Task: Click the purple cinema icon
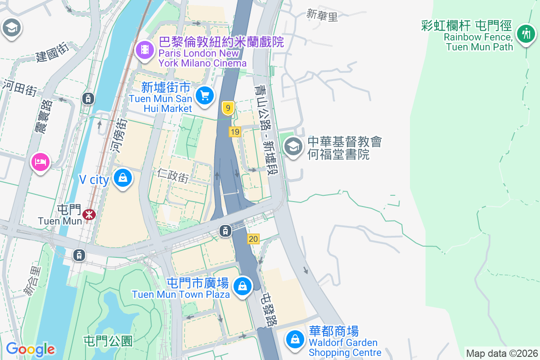[x=144, y=49]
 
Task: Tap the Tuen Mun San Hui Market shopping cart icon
[x=205, y=95]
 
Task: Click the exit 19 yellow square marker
[x=234, y=132]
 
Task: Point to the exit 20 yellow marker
[x=253, y=239]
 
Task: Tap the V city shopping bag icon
[x=122, y=178]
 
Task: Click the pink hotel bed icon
[x=40, y=161]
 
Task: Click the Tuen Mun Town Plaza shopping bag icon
[x=243, y=286]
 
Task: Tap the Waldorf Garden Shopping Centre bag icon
[x=295, y=339]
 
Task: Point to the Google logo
[x=30, y=349]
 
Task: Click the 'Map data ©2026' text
[x=501, y=353]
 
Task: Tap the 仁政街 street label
[x=173, y=175]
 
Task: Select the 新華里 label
[x=322, y=16]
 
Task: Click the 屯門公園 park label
[x=108, y=341]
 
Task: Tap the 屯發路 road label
[x=270, y=310]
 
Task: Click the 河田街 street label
[x=20, y=87]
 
